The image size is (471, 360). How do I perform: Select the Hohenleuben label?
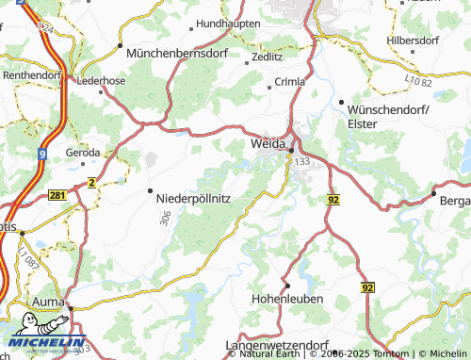pos(287,299)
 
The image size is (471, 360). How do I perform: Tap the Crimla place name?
pos(288,82)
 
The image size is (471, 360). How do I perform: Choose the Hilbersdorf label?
pos(413,42)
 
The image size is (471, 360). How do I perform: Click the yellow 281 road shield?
pos(57,193)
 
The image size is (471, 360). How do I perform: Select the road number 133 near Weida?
pos(301,162)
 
